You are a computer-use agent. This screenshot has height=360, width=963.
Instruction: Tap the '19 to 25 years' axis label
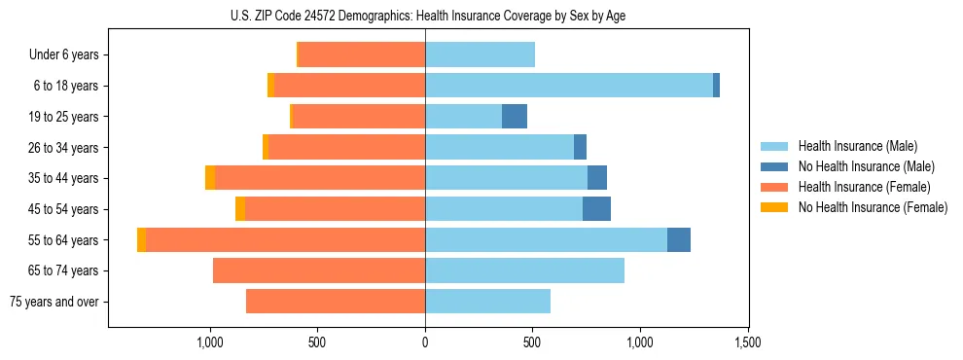pos(65,117)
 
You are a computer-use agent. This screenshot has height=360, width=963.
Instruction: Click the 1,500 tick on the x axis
pos(747,342)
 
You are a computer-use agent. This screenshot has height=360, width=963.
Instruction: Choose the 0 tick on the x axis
pos(425,342)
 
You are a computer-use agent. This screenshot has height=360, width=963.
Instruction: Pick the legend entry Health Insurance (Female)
pos(864,187)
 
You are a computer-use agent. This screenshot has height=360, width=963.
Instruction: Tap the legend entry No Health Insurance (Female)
pos(873,207)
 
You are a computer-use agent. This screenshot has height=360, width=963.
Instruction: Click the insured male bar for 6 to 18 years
pos(569,86)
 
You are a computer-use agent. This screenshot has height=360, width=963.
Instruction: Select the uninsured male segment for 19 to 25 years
pos(515,117)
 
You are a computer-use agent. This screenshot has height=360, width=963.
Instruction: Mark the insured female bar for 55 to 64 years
pos(285,240)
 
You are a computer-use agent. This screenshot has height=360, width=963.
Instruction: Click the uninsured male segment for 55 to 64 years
pos(679,240)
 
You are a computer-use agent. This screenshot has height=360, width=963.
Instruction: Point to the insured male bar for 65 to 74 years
pos(524,270)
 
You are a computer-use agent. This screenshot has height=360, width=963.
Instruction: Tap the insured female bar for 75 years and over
pos(336,302)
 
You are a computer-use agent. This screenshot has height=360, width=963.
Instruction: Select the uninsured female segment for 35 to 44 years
pos(210,178)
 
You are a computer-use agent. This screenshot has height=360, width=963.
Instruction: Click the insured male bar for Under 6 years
pos(480,54)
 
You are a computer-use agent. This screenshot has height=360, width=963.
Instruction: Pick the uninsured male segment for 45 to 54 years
pos(596,209)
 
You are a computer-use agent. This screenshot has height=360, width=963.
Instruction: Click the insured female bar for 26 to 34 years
pos(346,147)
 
